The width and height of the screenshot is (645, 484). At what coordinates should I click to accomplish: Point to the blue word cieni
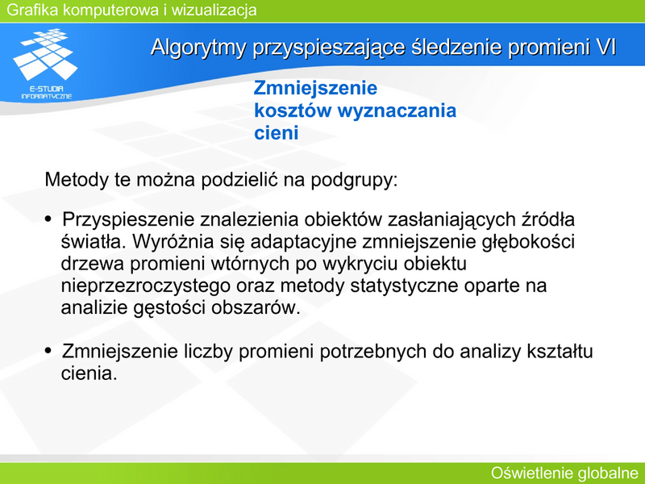276,133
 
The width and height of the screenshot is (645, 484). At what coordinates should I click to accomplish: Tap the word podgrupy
354,180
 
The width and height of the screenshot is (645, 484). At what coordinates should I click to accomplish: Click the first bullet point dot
48,219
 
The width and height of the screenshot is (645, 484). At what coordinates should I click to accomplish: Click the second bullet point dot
48,351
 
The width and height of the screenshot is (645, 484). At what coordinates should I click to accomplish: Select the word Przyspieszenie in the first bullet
128,219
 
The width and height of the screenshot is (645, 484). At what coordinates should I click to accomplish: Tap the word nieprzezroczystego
146,286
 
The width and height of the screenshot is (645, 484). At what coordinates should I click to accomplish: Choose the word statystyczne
405,286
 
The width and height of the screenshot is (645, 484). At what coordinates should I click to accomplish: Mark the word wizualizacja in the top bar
214,10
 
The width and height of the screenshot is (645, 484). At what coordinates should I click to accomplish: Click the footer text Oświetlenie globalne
565,473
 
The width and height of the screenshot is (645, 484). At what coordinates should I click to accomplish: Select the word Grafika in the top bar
32,10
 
